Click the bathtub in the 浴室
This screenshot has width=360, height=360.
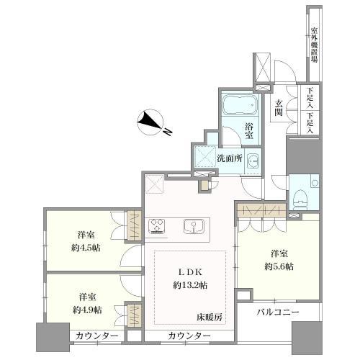240,105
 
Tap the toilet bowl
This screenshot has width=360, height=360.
301,198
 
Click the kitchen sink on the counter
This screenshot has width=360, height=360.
194,226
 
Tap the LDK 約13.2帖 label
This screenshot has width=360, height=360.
190,279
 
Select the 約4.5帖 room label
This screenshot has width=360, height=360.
86,248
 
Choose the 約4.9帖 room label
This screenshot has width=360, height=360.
87,310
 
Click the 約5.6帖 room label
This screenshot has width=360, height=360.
279,266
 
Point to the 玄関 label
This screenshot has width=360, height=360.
279,107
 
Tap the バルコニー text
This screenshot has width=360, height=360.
278,312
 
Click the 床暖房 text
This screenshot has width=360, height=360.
210,318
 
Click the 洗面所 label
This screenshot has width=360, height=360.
230,158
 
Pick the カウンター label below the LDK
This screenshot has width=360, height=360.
189,336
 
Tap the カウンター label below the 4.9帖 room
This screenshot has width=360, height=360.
96,336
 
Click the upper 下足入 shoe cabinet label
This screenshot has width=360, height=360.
310,98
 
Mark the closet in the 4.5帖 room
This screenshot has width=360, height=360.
134,225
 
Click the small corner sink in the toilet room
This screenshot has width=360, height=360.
315,183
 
